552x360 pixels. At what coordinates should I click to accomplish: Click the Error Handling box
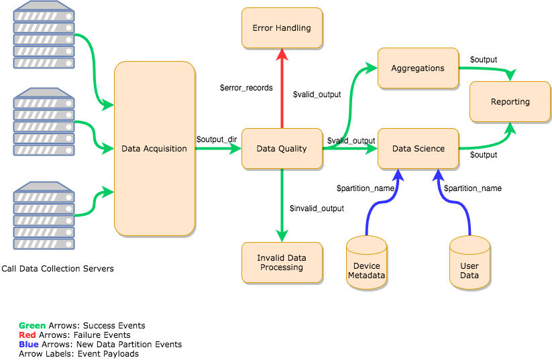pos(282,28)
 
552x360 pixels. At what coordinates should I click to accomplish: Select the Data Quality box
pos(282,149)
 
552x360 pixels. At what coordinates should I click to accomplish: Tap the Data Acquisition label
pos(154,149)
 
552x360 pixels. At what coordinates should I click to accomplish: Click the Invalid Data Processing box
pos(282,262)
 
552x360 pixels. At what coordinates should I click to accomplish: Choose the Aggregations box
pos(418,68)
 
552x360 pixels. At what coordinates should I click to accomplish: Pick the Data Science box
pos(418,149)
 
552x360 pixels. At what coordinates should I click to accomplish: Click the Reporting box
pos(510,102)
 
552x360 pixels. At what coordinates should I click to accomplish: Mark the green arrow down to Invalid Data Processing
pos(282,204)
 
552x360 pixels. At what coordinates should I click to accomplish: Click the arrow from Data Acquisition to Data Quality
pos(218,149)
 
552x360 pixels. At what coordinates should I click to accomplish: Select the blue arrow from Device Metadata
pos(379,201)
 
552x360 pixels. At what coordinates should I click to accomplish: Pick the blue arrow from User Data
pos(456,201)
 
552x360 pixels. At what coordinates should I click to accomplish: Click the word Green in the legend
pos(32,326)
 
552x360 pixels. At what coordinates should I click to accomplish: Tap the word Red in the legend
pos(27,335)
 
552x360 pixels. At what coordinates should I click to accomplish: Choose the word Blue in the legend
pos(29,344)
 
